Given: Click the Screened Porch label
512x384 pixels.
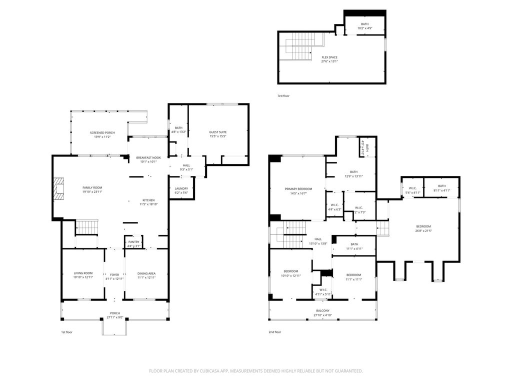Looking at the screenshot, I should pyautogui.click(x=102, y=132).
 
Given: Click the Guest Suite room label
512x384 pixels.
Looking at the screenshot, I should pyautogui.click(x=218, y=132).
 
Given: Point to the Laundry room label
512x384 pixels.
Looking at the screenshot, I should pyautogui.click(x=181, y=188).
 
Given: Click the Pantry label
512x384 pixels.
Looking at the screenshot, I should pyautogui.click(x=133, y=242).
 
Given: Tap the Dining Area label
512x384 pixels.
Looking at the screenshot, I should pyautogui.click(x=146, y=273).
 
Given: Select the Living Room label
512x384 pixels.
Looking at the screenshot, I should pyautogui.click(x=83, y=273).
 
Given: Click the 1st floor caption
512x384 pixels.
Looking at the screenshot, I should pyautogui.click(x=66, y=332).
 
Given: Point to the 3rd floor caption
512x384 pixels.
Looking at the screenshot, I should pyautogui.click(x=283, y=95).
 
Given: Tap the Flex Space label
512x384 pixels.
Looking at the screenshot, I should pyautogui.click(x=329, y=57).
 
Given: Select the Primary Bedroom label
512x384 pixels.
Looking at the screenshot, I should pyautogui.click(x=298, y=189).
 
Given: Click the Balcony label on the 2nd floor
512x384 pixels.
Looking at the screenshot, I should pyautogui.click(x=322, y=310).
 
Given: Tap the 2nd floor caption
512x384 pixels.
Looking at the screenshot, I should pyautogui.click(x=275, y=332).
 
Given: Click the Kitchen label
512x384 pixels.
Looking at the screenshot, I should pyautogui.click(x=148, y=199).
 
